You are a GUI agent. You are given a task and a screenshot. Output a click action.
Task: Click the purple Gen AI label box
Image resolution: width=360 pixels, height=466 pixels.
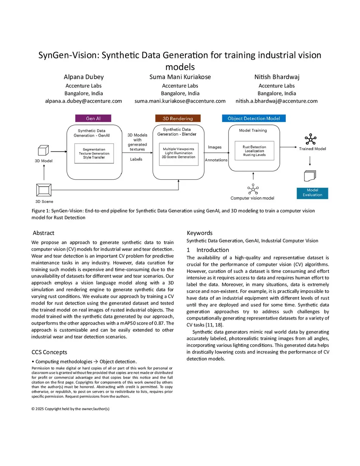(x=93, y=119)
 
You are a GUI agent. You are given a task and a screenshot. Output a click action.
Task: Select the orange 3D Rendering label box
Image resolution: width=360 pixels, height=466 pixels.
(x=178, y=119)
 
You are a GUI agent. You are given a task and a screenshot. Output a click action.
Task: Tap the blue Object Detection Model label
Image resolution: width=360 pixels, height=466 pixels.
(x=254, y=119)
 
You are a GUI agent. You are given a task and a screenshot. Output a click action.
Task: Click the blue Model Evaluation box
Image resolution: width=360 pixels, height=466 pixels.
(x=312, y=193)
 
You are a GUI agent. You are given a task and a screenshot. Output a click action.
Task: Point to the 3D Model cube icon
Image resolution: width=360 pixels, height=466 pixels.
(x=43, y=151)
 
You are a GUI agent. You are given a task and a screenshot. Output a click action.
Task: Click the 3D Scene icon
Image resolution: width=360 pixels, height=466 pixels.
(x=44, y=190)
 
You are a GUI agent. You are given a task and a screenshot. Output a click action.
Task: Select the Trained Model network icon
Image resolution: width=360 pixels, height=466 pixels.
(x=310, y=139)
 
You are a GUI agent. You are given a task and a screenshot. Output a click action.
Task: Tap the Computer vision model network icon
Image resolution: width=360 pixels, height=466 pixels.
(x=253, y=189)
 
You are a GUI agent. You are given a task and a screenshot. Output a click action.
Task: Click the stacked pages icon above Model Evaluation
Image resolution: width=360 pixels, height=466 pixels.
(x=310, y=175)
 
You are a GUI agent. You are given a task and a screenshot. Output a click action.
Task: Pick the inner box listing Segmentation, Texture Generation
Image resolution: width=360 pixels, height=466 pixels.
(x=94, y=153)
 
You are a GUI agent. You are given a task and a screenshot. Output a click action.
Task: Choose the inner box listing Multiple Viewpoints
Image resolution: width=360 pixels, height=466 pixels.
(x=179, y=153)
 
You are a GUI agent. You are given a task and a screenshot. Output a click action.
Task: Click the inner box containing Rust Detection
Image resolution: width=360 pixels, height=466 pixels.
(x=254, y=151)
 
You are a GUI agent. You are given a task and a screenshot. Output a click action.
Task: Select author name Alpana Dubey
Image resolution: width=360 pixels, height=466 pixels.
(x=84, y=77)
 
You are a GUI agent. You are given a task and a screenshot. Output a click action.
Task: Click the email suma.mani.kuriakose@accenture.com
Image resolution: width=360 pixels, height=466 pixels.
(x=180, y=101)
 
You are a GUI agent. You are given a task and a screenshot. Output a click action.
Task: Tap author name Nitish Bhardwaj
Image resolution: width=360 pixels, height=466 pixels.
(x=277, y=77)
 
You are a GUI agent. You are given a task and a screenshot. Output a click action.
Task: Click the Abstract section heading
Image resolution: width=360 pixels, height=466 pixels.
(x=44, y=233)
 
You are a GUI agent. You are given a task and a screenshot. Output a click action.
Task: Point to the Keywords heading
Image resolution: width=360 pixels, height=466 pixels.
(x=200, y=233)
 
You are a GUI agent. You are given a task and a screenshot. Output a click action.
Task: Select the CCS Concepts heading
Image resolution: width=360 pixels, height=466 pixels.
(x=49, y=352)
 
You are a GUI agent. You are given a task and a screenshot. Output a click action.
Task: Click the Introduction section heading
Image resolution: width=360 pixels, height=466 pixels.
(x=212, y=250)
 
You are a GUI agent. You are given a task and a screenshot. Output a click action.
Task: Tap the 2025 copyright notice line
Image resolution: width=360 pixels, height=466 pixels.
(x=70, y=409)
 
